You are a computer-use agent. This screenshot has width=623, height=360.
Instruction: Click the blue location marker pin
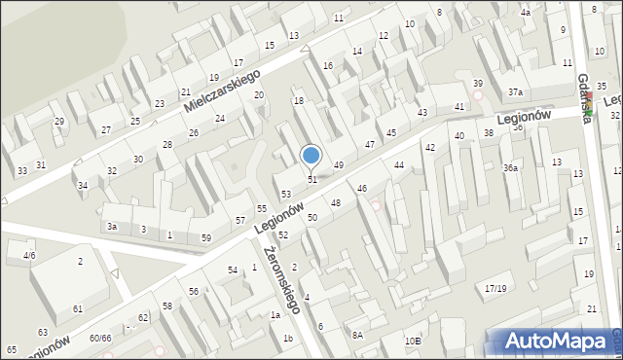coord(311,156)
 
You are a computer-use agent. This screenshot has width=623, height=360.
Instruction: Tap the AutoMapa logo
coord(554,341)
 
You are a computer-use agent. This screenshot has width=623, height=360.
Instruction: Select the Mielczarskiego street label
coord(222,90)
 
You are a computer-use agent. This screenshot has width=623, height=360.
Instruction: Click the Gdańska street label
coord(584,96)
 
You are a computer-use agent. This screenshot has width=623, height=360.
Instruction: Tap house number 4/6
coord(29,255)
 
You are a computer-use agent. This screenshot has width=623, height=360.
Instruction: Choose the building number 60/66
coord(100,338)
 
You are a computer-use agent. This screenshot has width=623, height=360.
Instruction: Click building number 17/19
coord(496,288)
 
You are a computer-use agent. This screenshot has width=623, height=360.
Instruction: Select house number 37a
coord(515,92)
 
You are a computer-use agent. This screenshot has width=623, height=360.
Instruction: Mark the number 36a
coord(510,167)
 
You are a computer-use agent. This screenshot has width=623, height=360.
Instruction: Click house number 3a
coord(112,227)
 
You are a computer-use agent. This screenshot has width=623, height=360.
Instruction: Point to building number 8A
coord(358,335)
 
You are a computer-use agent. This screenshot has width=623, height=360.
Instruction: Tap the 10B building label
coord(414,341)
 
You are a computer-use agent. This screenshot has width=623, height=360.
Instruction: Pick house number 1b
coord(288,338)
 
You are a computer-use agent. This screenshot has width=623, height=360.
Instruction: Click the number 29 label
coord(59,122)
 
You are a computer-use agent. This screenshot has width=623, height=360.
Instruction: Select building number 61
coord(78,308)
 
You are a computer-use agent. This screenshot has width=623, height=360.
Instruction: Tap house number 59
coord(206,237)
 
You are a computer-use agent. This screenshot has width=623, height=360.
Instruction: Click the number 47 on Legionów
coord(370,144)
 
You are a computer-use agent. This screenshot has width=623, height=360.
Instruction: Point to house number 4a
coord(526,13)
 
